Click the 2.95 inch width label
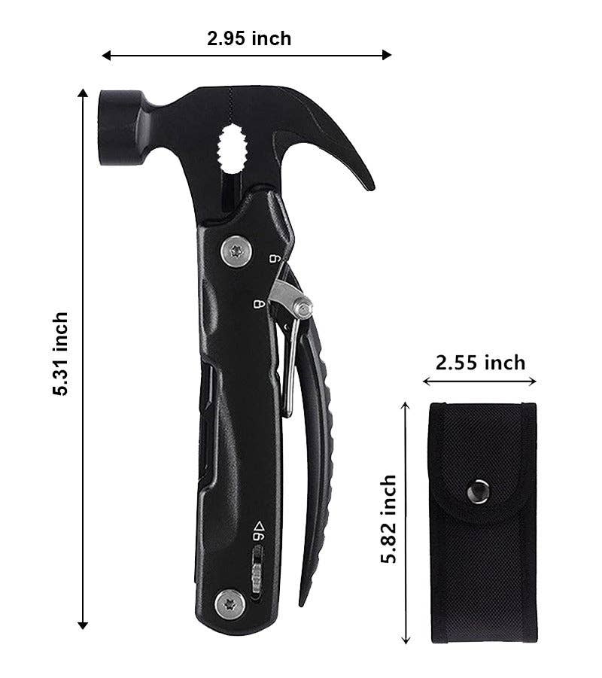[x=249, y=38]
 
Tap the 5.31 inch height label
[x=61, y=354]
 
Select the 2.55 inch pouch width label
[x=481, y=363]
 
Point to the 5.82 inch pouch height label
[x=388, y=519]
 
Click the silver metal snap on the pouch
[x=476, y=492]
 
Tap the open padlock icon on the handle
[x=275, y=259]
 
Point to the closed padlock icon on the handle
[x=260, y=305]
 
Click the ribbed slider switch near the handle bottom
[x=257, y=570]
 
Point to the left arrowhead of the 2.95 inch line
[x=106, y=55]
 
